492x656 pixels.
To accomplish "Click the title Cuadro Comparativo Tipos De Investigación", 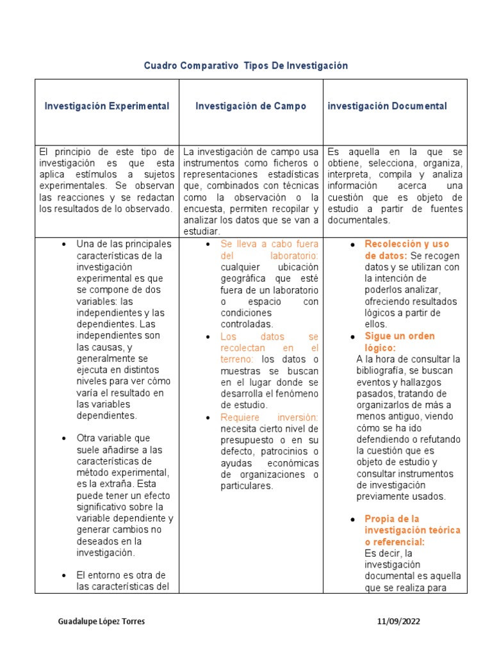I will (245, 66).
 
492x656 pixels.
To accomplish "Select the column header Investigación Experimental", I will (107, 106).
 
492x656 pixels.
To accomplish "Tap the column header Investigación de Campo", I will (251, 106).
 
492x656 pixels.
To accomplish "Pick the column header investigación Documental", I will (387, 106).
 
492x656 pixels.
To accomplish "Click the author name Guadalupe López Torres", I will (101, 621).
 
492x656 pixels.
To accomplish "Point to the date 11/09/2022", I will (398, 621).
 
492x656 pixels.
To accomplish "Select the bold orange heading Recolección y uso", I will (407, 244).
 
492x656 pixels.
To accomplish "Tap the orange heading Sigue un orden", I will (399, 336).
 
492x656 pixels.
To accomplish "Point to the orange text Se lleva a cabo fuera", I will (269, 244).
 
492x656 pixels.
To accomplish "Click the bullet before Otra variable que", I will (64, 438).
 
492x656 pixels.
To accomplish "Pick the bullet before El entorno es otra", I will (64, 575).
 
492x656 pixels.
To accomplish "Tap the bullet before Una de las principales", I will (64, 244).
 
